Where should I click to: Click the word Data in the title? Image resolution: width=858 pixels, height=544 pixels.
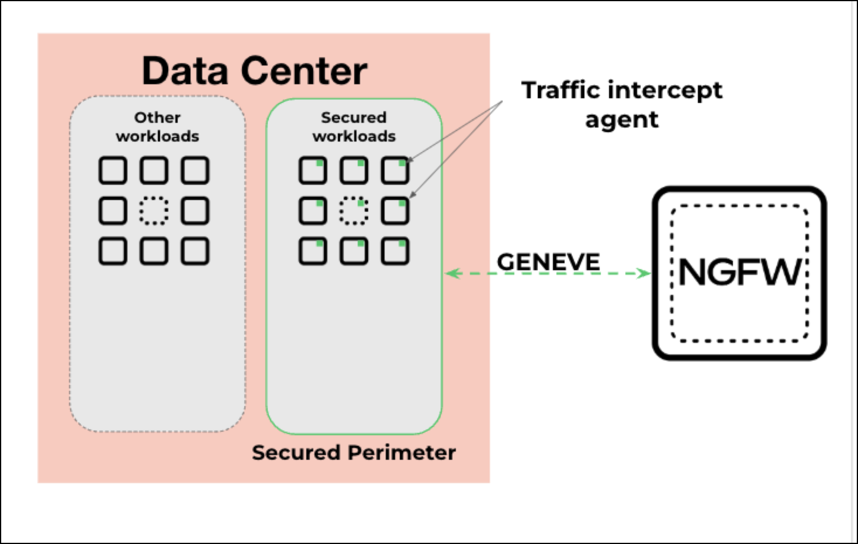[x=185, y=71]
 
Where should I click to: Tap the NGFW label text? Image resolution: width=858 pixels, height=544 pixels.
[x=740, y=272]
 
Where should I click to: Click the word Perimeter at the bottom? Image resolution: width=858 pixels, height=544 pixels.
[x=402, y=453]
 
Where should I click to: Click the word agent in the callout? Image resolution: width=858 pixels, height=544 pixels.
[x=622, y=120]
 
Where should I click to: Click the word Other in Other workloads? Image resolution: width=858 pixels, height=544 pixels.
[x=157, y=118]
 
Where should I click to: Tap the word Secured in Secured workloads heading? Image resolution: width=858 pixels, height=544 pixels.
[x=354, y=118]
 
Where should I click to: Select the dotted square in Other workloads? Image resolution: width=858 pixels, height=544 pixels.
[x=154, y=211]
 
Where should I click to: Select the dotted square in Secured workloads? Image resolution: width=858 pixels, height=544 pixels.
[x=354, y=211]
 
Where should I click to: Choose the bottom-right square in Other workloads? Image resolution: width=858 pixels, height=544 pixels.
[x=195, y=251]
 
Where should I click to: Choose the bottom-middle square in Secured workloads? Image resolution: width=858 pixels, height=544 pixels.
[x=354, y=251]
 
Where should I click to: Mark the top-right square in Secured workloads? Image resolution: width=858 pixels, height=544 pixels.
[x=395, y=171]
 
